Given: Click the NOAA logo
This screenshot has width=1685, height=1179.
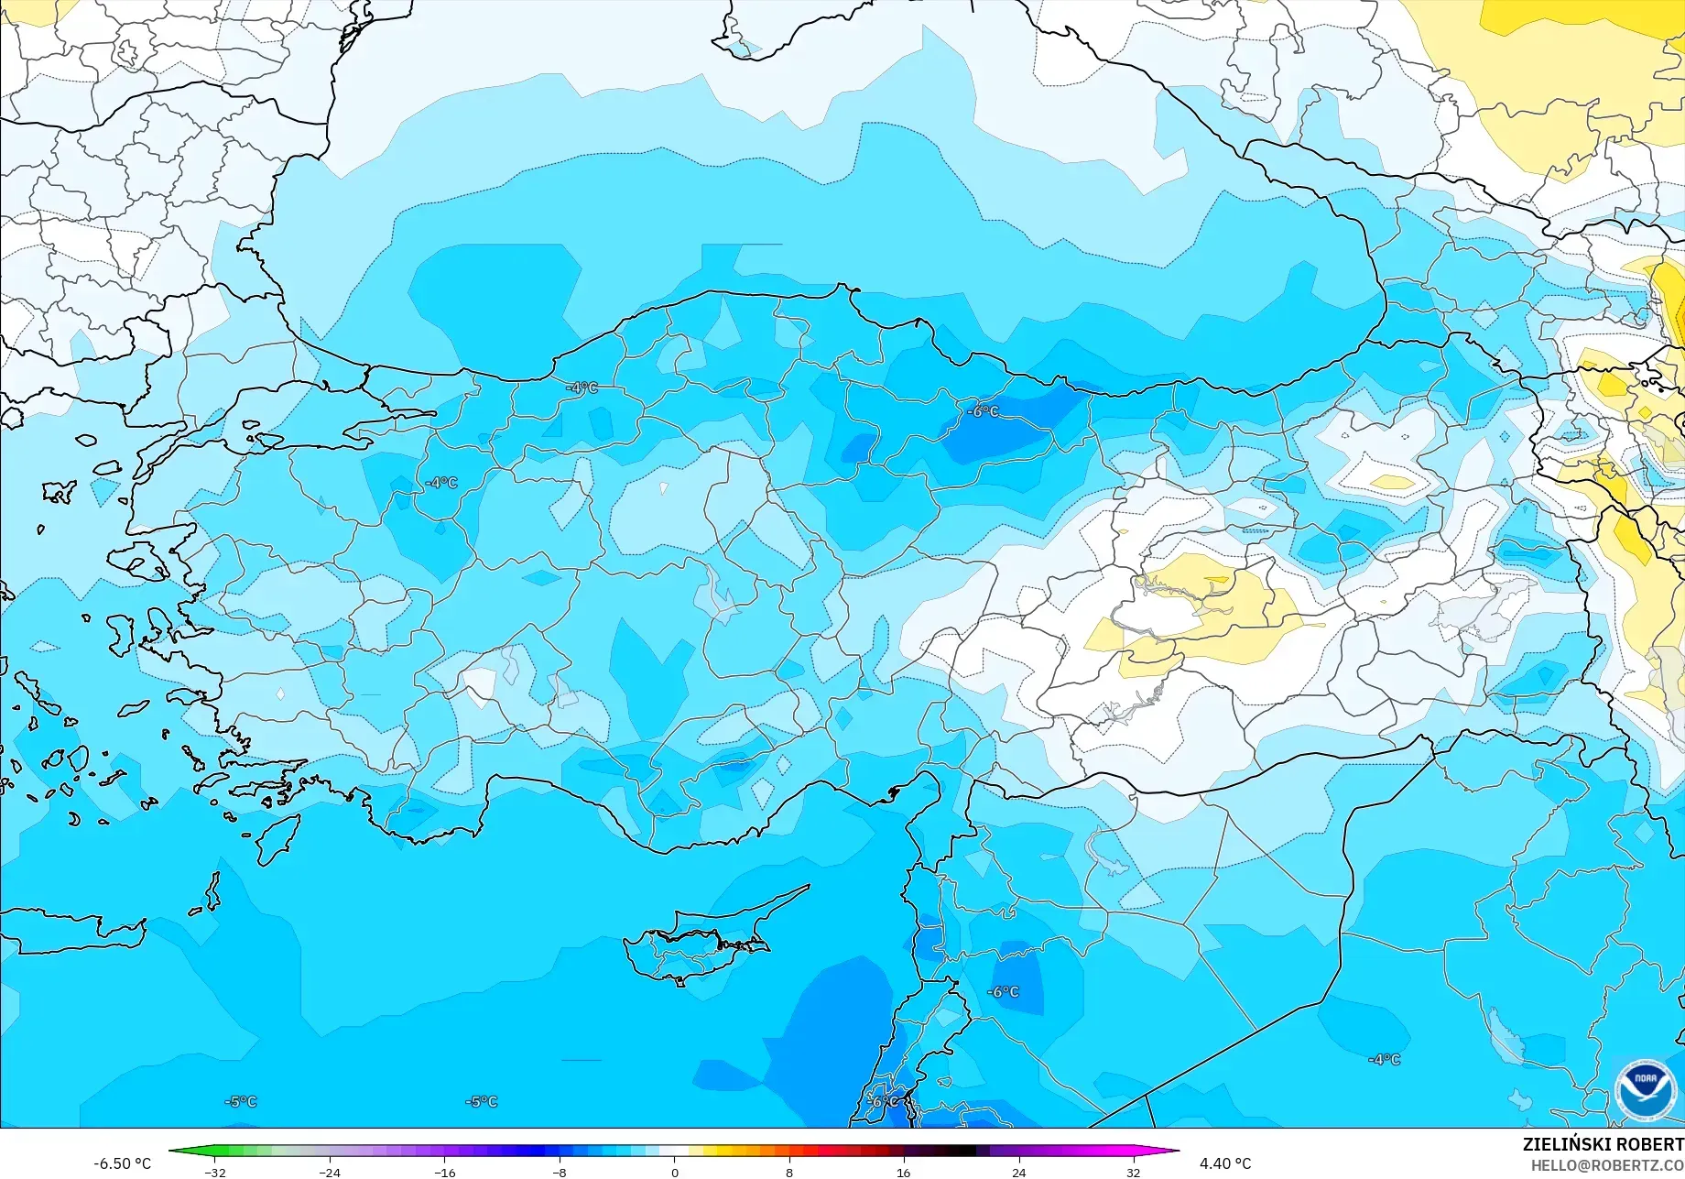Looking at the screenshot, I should pyautogui.click(x=1646, y=1089).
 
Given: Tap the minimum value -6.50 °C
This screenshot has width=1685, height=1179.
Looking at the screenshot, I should pyautogui.click(x=122, y=1163).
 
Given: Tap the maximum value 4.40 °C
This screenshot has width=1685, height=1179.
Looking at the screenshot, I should pyautogui.click(x=1224, y=1163).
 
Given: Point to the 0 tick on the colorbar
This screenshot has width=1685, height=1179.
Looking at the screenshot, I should pyautogui.click(x=675, y=1172).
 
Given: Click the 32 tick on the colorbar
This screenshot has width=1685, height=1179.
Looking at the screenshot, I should pyautogui.click(x=1134, y=1172).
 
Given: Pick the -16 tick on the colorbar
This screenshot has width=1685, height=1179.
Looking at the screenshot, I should pyautogui.click(x=444, y=1172).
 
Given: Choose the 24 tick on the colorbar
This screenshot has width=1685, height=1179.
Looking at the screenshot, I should pyautogui.click(x=1018, y=1172).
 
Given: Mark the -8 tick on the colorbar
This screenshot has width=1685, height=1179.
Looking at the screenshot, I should pyautogui.click(x=560, y=1172).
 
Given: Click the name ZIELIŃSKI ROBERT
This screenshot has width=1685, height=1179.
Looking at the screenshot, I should pyautogui.click(x=1603, y=1144).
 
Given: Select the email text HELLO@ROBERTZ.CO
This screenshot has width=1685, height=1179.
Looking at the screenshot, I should pyautogui.click(x=1607, y=1164).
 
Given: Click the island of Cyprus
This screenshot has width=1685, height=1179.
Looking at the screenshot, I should pyautogui.click(x=696, y=944).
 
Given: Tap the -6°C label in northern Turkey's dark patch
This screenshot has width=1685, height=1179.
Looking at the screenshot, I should pyautogui.click(x=984, y=411).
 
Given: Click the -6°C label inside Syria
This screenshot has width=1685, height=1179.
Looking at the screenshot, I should pyautogui.click(x=1003, y=992).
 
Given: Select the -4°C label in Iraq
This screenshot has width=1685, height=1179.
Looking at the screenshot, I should pyautogui.click(x=1384, y=1059).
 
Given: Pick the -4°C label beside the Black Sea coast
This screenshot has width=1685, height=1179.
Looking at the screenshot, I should pyautogui.click(x=582, y=388).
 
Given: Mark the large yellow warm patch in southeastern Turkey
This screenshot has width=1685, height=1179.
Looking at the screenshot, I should pyautogui.click(x=1200, y=614).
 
